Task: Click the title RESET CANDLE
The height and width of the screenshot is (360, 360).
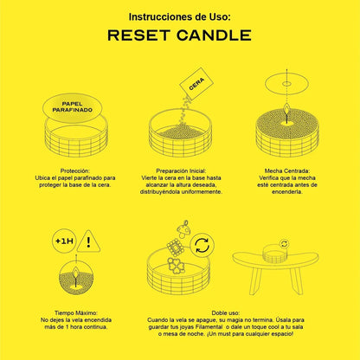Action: click(x=179, y=35)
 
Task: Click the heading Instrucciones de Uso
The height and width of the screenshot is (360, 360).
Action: click(x=180, y=17)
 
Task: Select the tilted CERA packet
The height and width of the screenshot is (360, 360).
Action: click(x=196, y=83)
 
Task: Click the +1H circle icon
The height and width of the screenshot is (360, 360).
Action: click(x=64, y=241)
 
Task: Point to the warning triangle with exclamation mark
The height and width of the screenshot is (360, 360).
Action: click(x=89, y=241)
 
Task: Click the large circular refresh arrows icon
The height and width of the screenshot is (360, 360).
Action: click(x=202, y=245)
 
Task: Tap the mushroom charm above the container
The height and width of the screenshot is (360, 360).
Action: click(x=183, y=229)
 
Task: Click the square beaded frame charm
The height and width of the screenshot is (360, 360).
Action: click(x=175, y=247)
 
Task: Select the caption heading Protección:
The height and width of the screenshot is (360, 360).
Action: click(x=75, y=170)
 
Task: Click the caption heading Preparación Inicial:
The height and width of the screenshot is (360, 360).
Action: click(x=181, y=170)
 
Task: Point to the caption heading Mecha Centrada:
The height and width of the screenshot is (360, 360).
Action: click(x=287, y=170)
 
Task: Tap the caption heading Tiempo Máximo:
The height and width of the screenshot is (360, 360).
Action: click(x=76, y=312)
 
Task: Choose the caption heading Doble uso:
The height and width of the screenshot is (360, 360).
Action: click(x=226, y=312)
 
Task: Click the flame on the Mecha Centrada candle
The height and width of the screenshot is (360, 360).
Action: click(x=287, y=109)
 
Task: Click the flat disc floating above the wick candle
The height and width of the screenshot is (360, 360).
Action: click(x=286, y=84)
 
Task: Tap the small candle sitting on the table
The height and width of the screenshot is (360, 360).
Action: click(x=274, y=253)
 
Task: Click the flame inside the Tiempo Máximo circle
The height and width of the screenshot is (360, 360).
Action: click(x=76, y=272)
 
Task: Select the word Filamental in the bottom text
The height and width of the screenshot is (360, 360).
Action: click(x=209, y=327)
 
